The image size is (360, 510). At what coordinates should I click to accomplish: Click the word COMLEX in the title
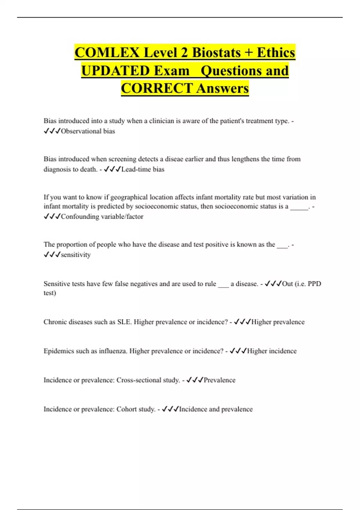[107, 52]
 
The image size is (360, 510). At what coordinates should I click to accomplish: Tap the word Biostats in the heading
[216, 52]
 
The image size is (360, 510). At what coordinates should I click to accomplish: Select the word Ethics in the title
[276, 52]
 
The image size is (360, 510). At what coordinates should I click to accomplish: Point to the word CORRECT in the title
[157, 88]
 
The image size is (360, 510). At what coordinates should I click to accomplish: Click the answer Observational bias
[88, 131]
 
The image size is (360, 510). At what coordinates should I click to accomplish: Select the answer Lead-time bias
[143, 169]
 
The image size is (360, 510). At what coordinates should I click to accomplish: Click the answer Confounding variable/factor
[102, 217]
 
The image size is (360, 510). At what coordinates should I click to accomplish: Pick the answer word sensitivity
[76, 255]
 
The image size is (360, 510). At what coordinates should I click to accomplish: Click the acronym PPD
[314, 284]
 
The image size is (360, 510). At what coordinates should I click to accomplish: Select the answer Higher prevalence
[278, 322]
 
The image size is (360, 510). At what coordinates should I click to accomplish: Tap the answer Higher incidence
[272, 351]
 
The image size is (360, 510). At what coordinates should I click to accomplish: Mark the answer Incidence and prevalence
[216, 409]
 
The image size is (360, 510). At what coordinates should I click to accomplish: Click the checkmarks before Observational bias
[52, 131]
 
